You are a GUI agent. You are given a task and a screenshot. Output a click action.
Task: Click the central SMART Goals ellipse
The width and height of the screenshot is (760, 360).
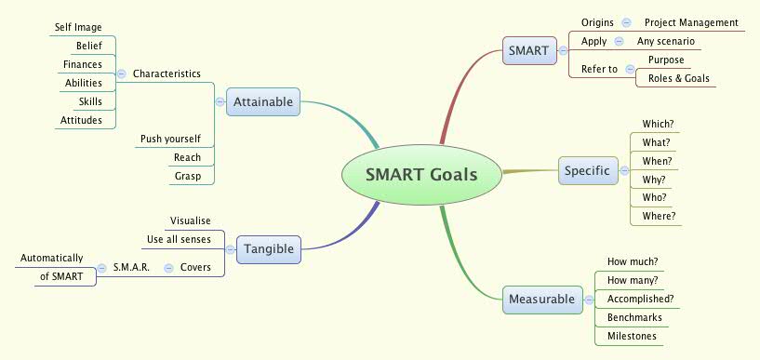421,174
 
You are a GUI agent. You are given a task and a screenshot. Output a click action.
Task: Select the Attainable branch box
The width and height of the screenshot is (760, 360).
264,101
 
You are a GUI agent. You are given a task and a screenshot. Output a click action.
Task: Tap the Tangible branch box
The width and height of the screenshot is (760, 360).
270,248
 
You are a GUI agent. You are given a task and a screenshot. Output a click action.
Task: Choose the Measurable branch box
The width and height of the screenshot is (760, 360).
541,300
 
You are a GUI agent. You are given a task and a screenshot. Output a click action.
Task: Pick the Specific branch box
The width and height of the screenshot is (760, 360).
588,170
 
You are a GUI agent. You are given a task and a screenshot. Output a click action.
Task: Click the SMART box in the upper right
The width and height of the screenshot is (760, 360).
528,49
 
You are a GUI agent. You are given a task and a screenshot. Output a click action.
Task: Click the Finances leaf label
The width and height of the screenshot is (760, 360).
83,64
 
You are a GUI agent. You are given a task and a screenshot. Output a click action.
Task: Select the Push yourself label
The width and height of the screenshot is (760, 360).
170,139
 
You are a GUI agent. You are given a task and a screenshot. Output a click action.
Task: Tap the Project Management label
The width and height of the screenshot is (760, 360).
691,22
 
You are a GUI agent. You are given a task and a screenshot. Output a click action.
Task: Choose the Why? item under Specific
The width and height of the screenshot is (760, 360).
655,179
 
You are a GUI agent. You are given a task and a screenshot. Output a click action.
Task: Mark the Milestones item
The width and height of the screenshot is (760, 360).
632,336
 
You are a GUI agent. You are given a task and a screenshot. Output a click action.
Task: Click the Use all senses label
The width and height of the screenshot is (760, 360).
179,239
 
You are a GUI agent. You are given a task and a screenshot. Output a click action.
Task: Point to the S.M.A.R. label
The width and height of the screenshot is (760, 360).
132,267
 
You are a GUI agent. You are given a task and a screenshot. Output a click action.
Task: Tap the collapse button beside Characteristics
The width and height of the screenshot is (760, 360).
122,73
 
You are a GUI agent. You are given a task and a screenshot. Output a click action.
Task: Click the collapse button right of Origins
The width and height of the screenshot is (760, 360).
626,22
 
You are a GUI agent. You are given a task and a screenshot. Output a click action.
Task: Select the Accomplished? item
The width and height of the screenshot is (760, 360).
640,299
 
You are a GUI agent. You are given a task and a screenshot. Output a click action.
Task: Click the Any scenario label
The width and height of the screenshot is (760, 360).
665,41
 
